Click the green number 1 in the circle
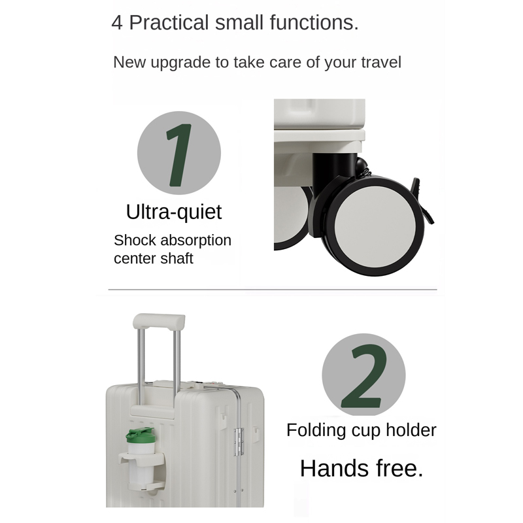(179, 155)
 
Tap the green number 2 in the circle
(363, 377)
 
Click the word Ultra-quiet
(174, 212)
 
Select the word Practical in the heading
(169, 23)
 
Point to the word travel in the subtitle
(381, 62)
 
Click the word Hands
(335, 468)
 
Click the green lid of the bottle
(140, 435)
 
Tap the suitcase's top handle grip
(159, 321)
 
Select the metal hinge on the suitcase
(238, 443)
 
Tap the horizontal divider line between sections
(273, 290)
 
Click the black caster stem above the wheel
(335, 169)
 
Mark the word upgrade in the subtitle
(181, 63)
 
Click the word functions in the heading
(314, 23)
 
